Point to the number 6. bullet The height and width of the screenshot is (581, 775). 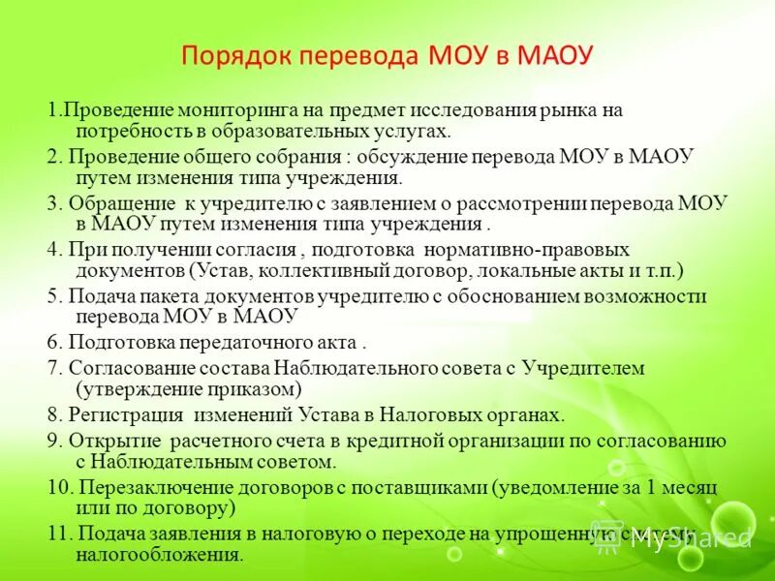point(54,343)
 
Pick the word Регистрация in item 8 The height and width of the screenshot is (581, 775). point(126,415)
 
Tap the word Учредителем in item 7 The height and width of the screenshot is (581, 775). point(583,369)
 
